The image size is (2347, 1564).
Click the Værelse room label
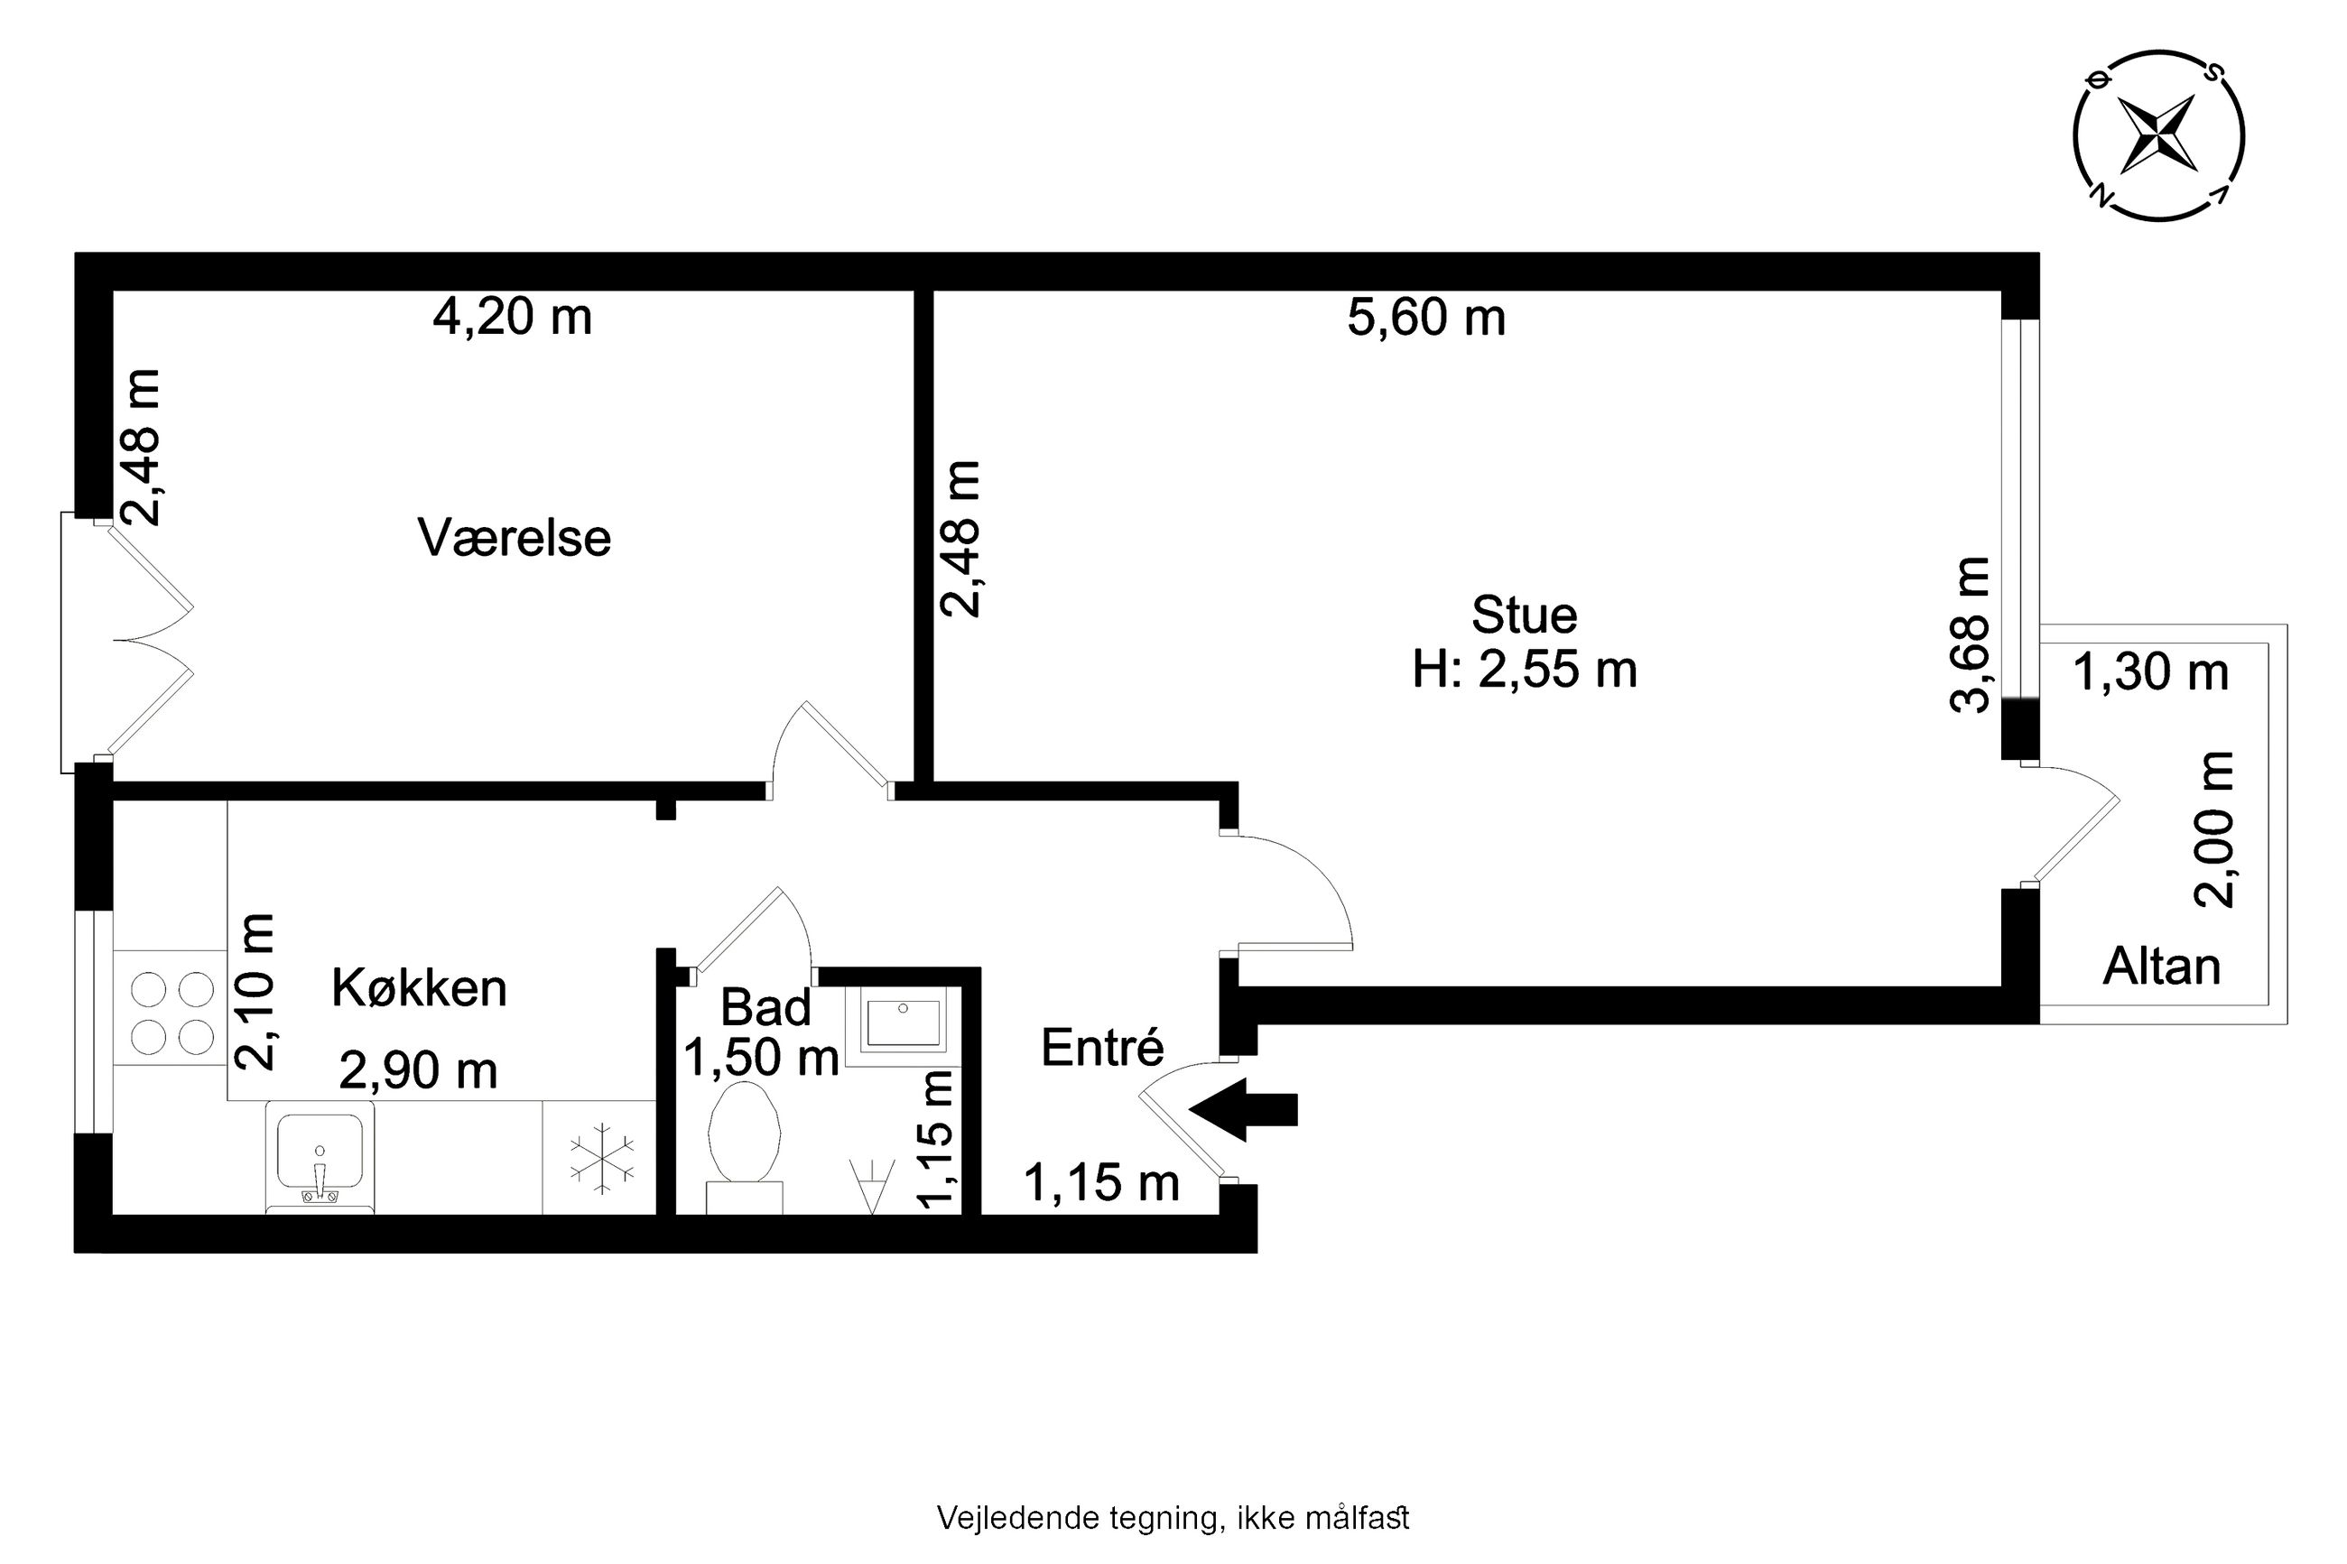pyautogui.click(x=514, y=539)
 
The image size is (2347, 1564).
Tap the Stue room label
pyautogui.click(x=1524, y=615)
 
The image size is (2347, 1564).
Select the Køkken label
pyautogui.click(x=419, y=988)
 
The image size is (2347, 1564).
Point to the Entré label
pyautogui.click(x=1102, y=1047)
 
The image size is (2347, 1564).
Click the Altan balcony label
pyautogui.click(x=2161, y=967)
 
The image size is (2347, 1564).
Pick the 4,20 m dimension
pyautogui.click(x=512, y=317)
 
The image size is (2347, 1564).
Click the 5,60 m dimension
pyautogui.click(x=1426, y=317)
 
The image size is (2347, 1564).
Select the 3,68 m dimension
pyautogui.click(x=1970, y=634)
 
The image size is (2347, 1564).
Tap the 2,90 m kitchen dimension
pyautogui.click(x=418, y=1071)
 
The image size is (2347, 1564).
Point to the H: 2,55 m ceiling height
pyautogui.click(x=1524, y=670)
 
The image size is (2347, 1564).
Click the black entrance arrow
pyautogui.click(x=1243, y=1108)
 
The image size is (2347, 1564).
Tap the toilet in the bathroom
pyautogui.click(x=743, y=1147)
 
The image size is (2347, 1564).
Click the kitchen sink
pyautogui.click(x=320, y=1157)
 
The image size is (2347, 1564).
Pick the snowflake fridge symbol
pyautogui.click(x=601, y=1159)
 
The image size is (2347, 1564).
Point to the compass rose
pyautogui.click(x=2157, y=134)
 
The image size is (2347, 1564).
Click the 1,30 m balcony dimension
pyautogui.click(x=2150, y=671)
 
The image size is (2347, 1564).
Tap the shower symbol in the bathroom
pyautogui.click(x=870, y=1186)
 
